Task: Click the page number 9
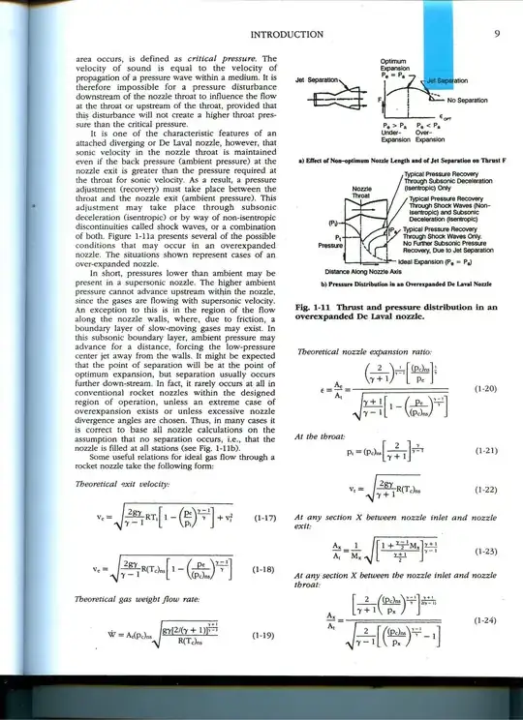click(495, 35)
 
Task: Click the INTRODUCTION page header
click(287, 36)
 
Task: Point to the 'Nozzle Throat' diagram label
click(362, 193)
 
